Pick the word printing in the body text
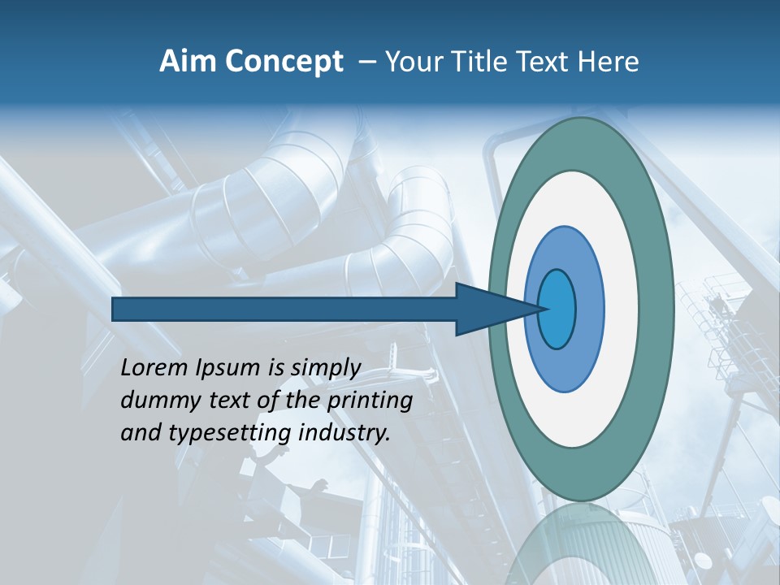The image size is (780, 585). [370, 401]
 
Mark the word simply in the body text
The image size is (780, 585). [325, 368]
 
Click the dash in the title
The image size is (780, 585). [366, 62]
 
